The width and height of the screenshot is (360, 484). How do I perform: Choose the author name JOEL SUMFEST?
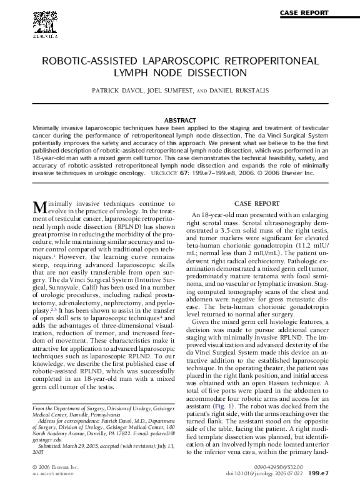[169, 91]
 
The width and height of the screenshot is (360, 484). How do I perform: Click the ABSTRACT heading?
[180, 119]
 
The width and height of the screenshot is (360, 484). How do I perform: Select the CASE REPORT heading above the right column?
[260, 204]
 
